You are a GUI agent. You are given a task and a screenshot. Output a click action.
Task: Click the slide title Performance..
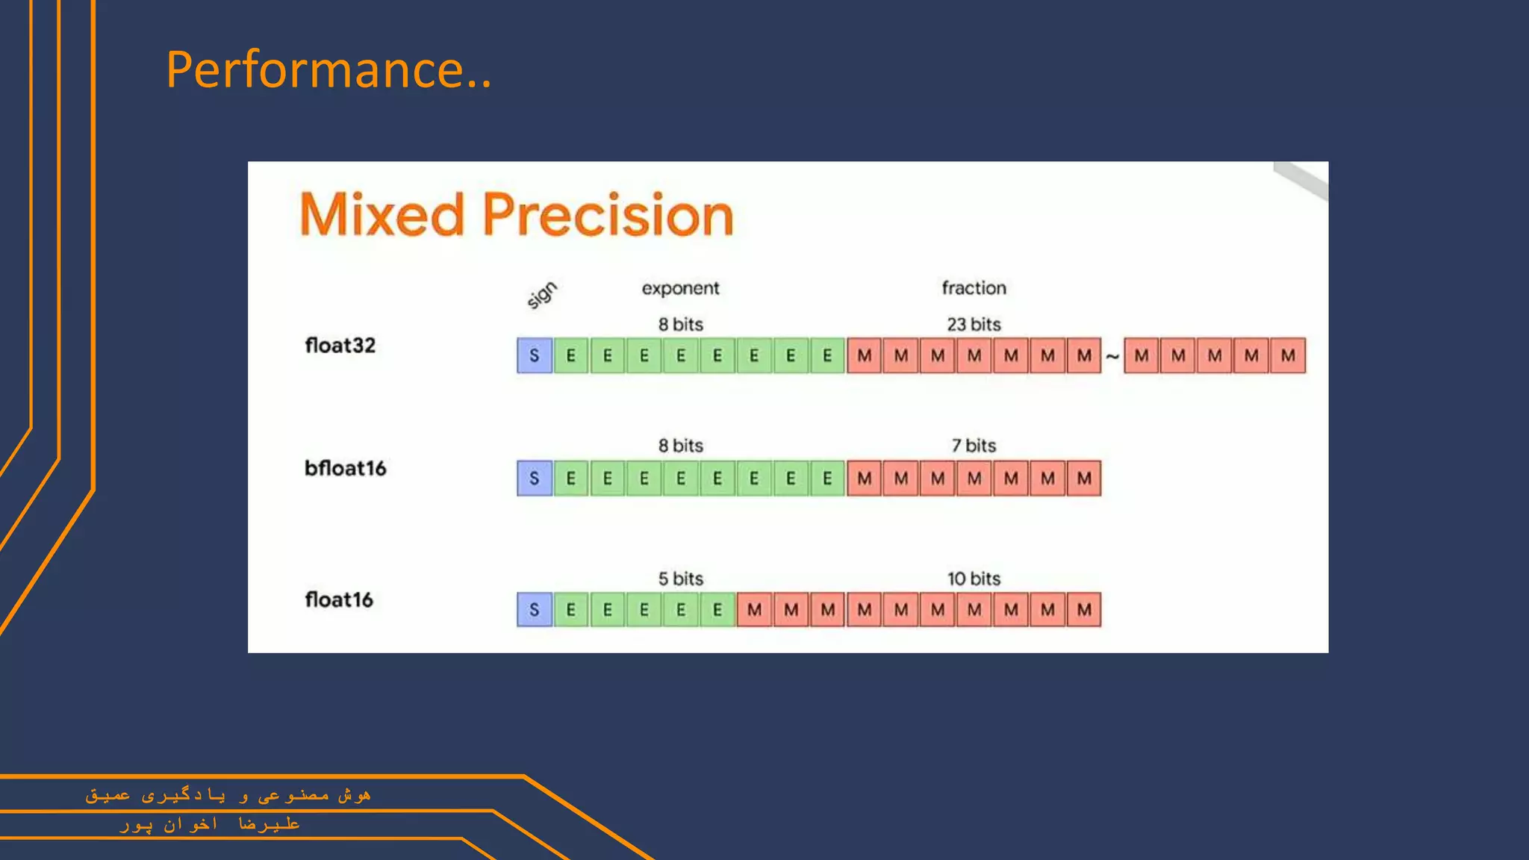coord(328,69)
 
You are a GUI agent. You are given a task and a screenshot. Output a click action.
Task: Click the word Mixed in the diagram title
coord(382,214)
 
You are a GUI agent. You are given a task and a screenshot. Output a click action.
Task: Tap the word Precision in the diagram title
coord(608,214)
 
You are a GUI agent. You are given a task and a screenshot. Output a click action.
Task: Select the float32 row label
coord(340,346)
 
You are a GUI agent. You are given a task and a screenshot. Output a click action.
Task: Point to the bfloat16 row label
coord(345,468)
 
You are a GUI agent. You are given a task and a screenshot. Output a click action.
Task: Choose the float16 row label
coord(339,599)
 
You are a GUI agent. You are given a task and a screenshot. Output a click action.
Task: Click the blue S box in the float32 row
coord(535,355)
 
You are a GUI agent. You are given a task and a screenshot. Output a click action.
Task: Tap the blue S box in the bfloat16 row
coord(535,479)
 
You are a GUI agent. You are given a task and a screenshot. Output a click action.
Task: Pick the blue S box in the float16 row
coord(535,610)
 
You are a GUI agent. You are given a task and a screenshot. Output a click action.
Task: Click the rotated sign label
coord(541,295)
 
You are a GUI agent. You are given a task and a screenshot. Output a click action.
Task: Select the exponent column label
coord(680,289)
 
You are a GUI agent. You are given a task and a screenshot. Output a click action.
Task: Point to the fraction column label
coord(974,287)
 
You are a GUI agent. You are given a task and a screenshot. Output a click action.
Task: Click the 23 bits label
coord(974,324)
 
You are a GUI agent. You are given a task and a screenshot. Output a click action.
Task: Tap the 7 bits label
coord(974,446)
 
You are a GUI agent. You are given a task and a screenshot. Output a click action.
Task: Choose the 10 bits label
coord(974,579)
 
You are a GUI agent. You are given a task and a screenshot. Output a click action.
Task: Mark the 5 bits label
coord(680,579)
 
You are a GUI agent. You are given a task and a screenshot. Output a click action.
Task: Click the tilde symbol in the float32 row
coord(1112,357)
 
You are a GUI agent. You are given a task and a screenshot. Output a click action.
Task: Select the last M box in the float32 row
coord(1288,355)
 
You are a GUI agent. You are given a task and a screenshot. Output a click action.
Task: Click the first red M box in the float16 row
coord(754,610)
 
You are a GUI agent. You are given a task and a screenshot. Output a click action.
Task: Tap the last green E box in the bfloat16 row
coord(827,479)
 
